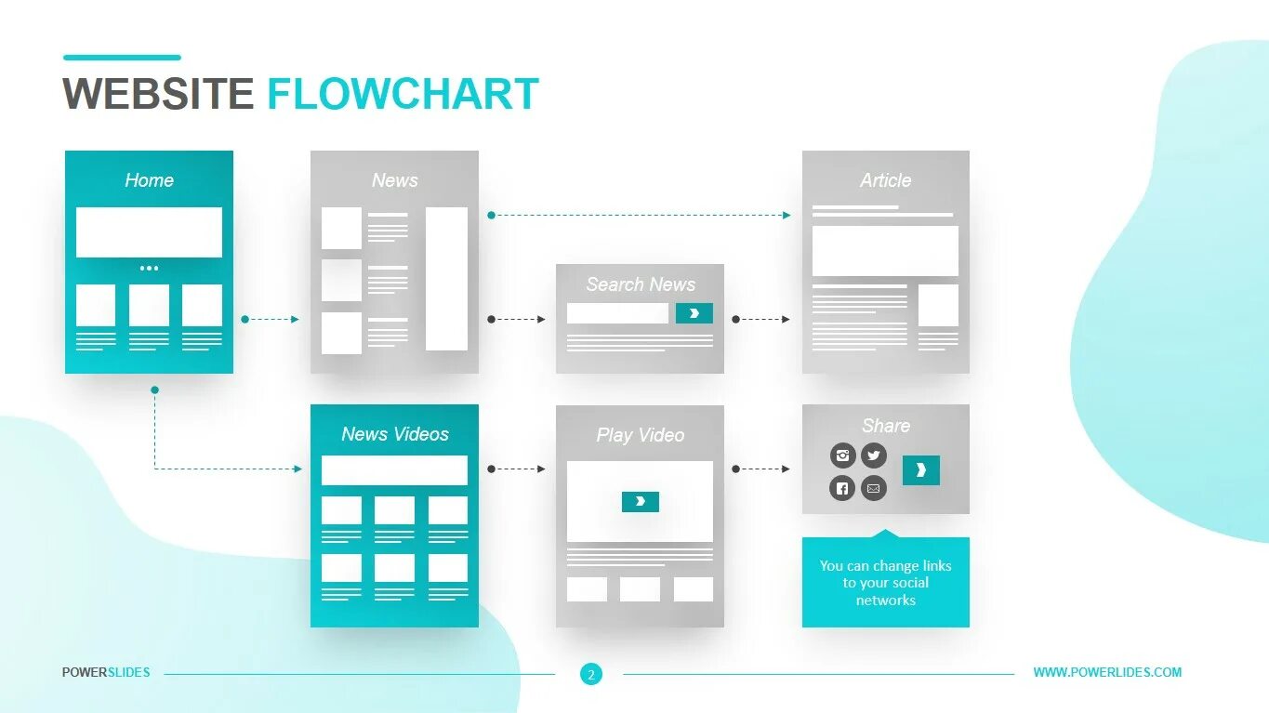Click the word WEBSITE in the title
[157, 94]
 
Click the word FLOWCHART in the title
[403, 94]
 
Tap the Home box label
[149, 180]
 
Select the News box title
[394, 180]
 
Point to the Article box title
[885, 180]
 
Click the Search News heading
[640, 284]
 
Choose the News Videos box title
[394, 434]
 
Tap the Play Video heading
[640, 435]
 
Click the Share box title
[885, 426]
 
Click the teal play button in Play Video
[640, 502]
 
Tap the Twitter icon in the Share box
[873, 456]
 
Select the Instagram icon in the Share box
[842, 456]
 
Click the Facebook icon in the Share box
[842, 487]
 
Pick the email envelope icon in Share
[873, 487]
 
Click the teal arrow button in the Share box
[920, 470]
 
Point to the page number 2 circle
[590, 674]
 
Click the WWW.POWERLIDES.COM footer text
[1107, 672]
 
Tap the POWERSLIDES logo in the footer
[106, 672]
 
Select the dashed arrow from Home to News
[271, 319]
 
